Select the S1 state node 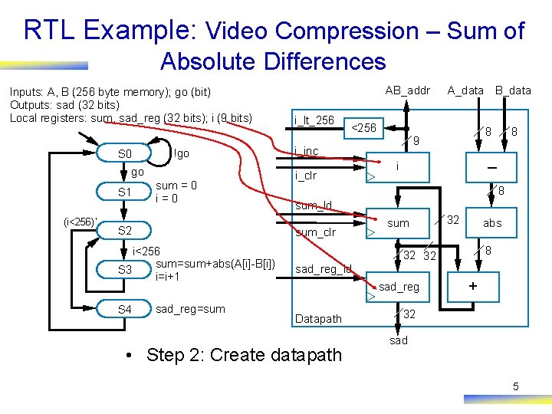click(x=124, y=192)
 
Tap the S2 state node click(x=124, y=230)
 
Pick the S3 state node click(x=124, y=270)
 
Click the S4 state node click(x=124, y=309)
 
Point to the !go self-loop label click(x=181, y=154)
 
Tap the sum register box click(x=398, y=223)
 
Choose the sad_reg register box click(x=399, y=287)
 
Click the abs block click(x=491, y=223)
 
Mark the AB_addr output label click(x=407, y=90)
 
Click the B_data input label click(x=513, y=90)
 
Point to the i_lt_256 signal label click(x=314, y=120)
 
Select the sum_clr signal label click(x=315, y=232)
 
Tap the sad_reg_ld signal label click(x=323, y=269)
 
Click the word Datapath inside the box click(x=318, y=319)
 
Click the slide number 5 click(x=515, y=386)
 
